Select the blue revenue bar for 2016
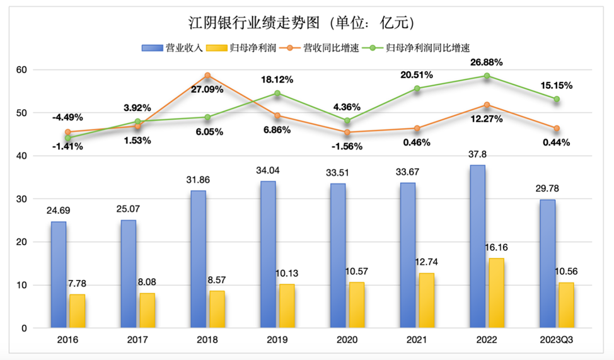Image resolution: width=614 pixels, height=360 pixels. coord(59,275)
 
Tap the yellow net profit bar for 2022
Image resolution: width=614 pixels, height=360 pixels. coord(496,293)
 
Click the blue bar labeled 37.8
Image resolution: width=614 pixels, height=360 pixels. coord(478,247)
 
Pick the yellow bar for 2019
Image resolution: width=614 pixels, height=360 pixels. coord(286,306)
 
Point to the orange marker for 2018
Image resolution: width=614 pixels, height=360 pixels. coord(207,76)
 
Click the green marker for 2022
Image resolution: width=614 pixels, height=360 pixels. coord(487,76)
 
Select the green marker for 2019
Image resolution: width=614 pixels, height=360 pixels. coord(277,93)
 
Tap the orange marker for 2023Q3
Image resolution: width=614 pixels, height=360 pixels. coord(557,129)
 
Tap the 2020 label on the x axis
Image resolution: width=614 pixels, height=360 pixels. coord(347,341)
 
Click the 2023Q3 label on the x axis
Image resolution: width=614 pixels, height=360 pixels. coord(557,341)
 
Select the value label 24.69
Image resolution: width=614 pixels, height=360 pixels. coord(61,211)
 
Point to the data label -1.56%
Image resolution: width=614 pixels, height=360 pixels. coord(347,144)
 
